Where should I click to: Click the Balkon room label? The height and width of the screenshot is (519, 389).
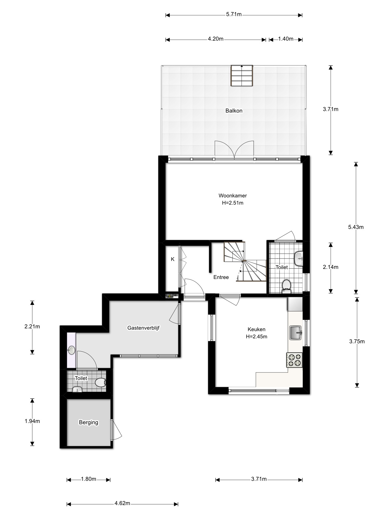pos(234,111)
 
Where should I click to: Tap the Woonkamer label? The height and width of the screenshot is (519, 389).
pos(233,196)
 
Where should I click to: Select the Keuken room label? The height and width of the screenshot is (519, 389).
pos(256,329)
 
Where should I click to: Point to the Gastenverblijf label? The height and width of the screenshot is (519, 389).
pos(143,328)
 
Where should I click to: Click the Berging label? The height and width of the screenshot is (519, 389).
pos(88,422)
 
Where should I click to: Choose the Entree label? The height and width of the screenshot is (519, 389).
pos(221,277)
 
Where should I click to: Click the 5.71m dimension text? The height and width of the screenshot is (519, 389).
pos(234,14)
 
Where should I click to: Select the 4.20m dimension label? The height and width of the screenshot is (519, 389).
pos(216,39)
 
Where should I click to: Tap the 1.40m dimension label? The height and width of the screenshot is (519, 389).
pos(286,39)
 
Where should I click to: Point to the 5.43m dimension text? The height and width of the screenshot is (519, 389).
pos(356,227)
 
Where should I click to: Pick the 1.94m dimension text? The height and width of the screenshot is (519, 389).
pos(32,421)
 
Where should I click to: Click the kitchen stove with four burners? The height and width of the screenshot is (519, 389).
pos(294,360)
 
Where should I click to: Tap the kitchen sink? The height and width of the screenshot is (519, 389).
pos(295,333)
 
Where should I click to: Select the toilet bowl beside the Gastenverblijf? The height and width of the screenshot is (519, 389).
pos(100,382)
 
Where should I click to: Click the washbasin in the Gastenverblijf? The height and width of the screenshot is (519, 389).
pos(71,350)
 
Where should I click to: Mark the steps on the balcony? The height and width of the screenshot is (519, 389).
pos(242,76)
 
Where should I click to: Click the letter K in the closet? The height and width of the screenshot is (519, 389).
pos(173,259)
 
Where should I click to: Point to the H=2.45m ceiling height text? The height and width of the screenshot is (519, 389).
pos(256,336)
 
